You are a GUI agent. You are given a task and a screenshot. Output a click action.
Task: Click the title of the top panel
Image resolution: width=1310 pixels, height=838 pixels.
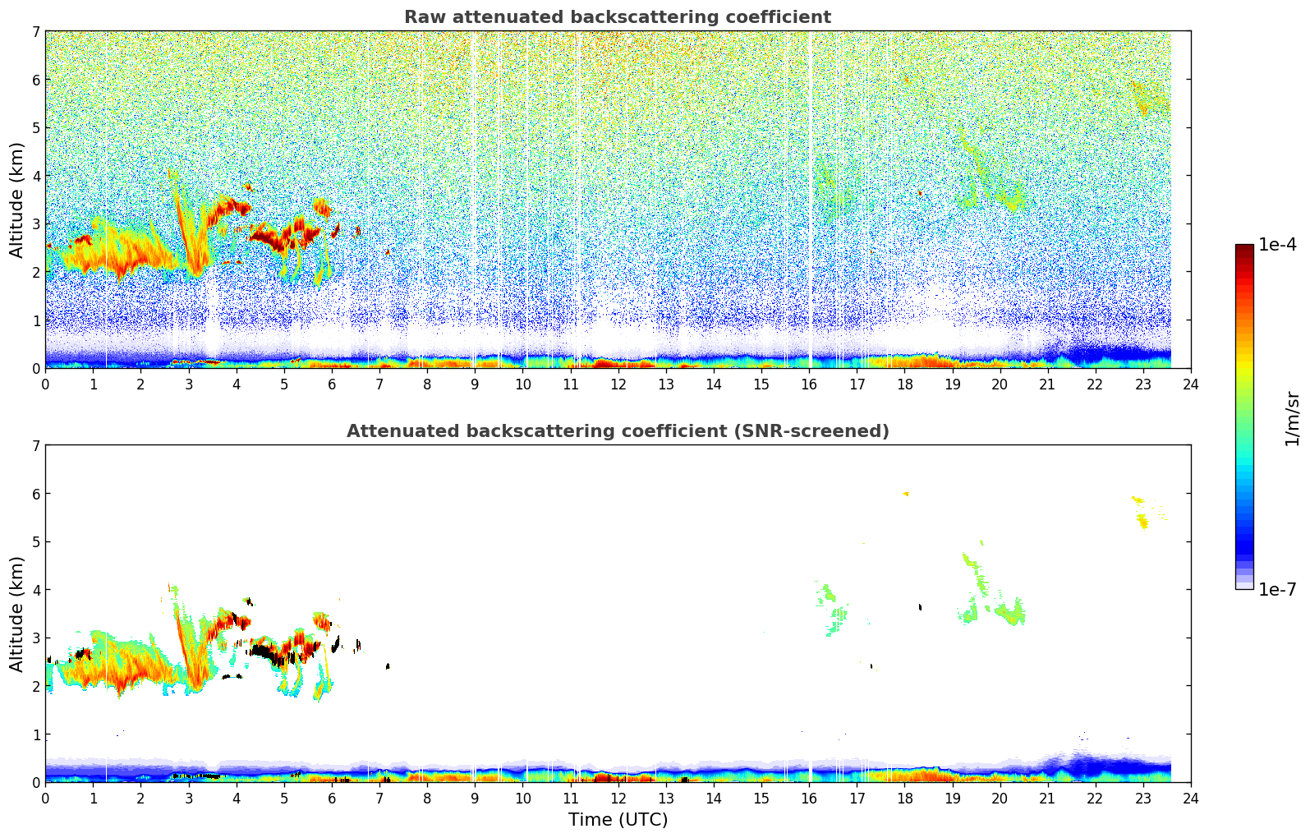(x=617, y=17)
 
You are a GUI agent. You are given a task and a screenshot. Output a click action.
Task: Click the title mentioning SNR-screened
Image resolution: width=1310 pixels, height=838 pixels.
(x=617, y=431)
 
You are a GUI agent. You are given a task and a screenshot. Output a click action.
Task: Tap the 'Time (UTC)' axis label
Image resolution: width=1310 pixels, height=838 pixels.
(x=618, y=820)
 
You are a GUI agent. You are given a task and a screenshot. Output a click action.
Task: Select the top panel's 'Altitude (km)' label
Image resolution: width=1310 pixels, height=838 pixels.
(x=17, y=200)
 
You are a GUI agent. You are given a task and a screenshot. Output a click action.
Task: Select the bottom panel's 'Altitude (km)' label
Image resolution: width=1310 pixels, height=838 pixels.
(x=17, y=614)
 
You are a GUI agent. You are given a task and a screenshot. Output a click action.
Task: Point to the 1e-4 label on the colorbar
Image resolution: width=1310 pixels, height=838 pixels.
(x=1277, y=245)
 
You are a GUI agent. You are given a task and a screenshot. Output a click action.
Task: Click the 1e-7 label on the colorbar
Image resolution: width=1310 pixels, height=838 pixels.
(x=1277, y=589)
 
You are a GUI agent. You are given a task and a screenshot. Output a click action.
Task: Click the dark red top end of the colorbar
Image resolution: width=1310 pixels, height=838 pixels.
(x=1244, y=247)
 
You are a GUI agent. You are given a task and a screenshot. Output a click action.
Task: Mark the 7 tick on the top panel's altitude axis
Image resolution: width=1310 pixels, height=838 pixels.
(x=35, y=32)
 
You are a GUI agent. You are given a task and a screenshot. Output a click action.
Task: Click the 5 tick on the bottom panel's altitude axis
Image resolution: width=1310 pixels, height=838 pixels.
(x=35, y=542)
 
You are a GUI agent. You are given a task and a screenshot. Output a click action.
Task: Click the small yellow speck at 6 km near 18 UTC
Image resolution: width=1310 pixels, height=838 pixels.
(x=906, y=494)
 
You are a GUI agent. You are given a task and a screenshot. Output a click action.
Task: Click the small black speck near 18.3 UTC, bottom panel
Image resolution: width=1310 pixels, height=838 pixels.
(x=920, y=607)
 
